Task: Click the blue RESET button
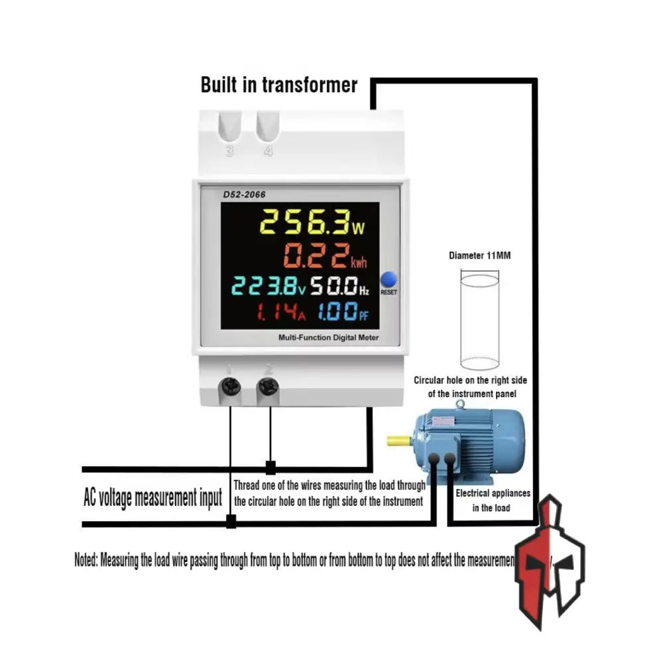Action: click(389, 279)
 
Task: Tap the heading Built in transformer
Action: click(279, 86)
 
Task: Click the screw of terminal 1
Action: click(231, 386)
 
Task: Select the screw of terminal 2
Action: click(268, 386)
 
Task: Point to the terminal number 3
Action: click(230, 151)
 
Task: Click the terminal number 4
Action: click(268, 151)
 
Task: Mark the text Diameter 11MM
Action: click(479, 255)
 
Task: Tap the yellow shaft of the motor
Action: click(399, 440)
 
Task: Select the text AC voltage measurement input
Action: click(152, 497)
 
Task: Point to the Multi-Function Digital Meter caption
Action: click(329, 338)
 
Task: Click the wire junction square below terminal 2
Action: click(271, 467)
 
